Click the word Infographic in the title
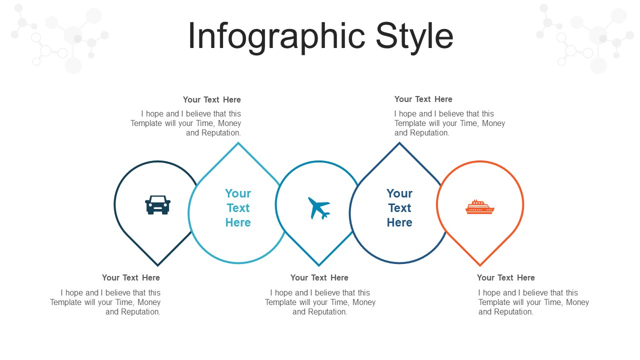[x=276, y=37]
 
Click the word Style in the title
[x=414, y=37]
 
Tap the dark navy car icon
[x=157, y=205]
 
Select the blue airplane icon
[x=319, y=208]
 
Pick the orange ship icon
[x=480, y=206]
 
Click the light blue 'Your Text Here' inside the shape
[x=238, y=207]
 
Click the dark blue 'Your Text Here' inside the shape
[x=399, y=207]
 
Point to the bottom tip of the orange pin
[x=480, y=265]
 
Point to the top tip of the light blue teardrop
[x=238, y=143]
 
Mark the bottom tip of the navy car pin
[x=157, y=265]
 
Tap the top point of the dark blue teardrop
[x=399, y=143]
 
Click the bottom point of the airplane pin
[x=319, y=265]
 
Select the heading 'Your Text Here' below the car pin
[x=131, y=277]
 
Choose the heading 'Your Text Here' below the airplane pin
[x=319, y=277]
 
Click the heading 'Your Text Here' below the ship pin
[x=505, y=277]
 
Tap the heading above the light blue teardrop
[x=212, y=99]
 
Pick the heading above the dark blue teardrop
[x=423, y=99]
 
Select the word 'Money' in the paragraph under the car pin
[x=149, y=302]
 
